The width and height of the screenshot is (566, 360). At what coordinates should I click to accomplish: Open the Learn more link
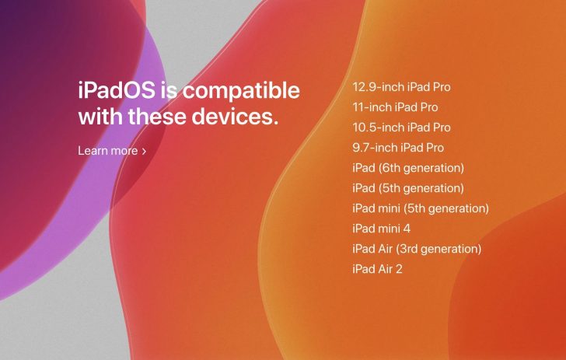coord(107,151)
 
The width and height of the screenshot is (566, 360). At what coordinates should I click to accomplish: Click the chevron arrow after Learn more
coord(144,151)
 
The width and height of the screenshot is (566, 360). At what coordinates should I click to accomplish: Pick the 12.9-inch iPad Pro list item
coord(401,87)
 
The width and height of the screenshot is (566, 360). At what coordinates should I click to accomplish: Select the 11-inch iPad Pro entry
coord(394,107)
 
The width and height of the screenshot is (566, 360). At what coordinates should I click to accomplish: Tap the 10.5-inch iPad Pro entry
coord(401,128)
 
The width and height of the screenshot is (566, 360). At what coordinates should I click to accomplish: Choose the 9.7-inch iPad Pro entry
coord(398,148)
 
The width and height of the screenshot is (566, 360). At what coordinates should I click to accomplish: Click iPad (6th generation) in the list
coord(407,168)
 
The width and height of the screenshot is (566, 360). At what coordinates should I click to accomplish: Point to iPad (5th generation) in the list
coord(407,188)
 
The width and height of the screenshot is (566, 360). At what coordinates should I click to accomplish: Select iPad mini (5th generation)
coord(420,208)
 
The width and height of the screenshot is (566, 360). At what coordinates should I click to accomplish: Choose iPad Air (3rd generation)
coord(417,249)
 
